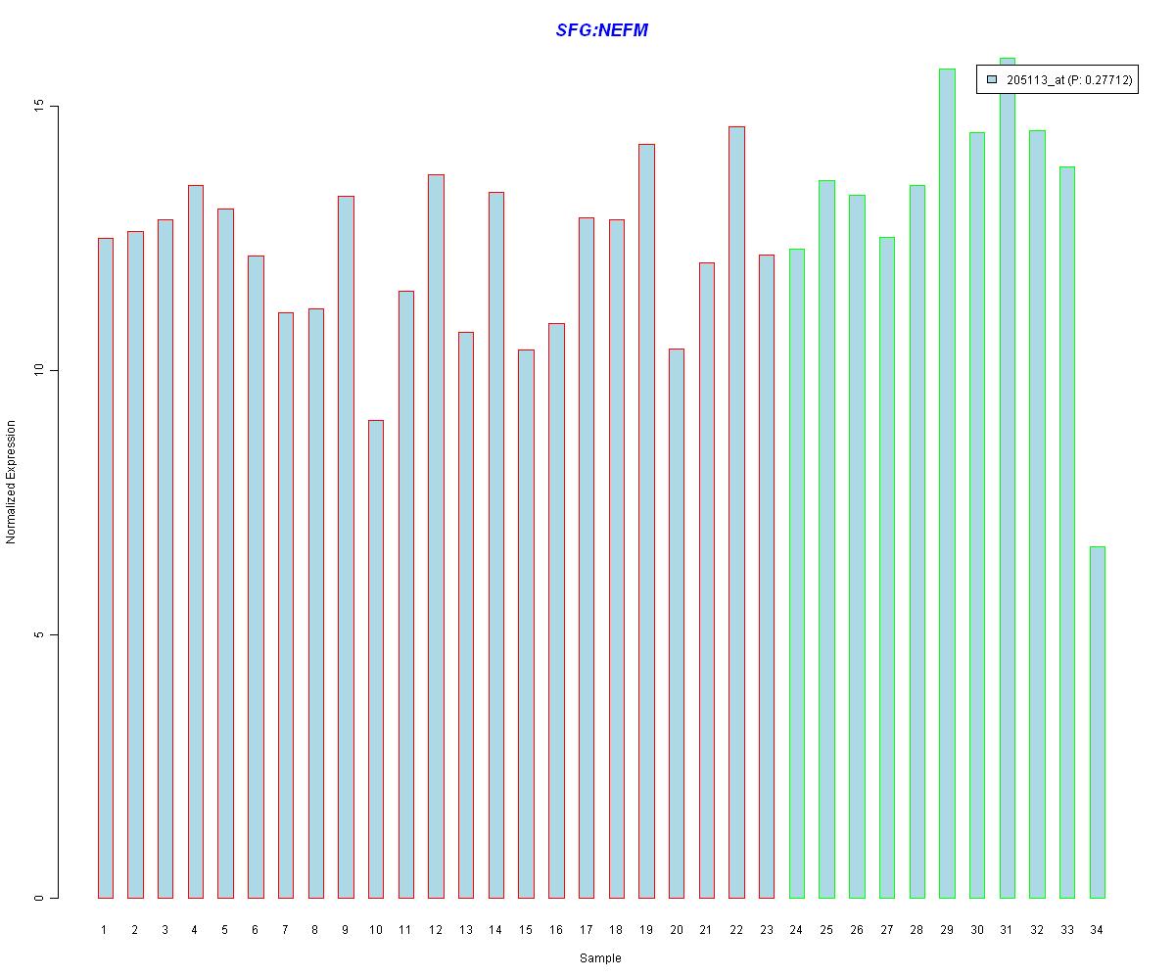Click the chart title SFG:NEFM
coord(601,30)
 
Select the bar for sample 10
coord(375,659)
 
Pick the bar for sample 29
coord(947,484)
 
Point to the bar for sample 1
coord(105,568)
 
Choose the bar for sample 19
coord(646,521)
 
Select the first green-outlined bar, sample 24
coord(796,574)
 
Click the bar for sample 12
coord(435,536)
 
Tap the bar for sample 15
coord(526,624)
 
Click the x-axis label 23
coord(766,930)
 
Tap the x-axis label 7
coord(285,930)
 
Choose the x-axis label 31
coord(1007,930)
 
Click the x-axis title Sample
coord(600,958)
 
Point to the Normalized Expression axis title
coord(12,482)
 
